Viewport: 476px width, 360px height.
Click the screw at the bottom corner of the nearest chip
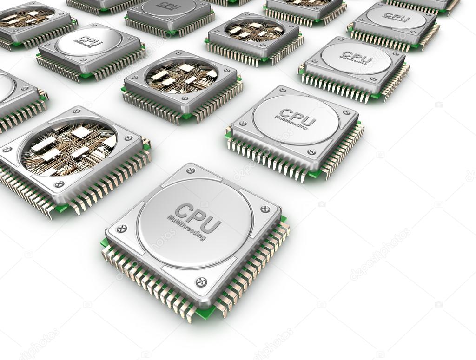point(201,281)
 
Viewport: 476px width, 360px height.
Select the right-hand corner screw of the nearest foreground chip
point(265,209)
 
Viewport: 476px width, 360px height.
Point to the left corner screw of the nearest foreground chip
point(121,229)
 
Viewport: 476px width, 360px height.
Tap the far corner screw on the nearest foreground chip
point(191,170)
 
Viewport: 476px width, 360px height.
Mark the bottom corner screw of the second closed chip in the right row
point(311,152)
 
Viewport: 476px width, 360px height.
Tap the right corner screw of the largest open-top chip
point(128,138)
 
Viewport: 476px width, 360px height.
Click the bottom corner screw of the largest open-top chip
point(59,184)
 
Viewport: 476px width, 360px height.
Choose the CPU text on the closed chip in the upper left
point(90,41)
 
